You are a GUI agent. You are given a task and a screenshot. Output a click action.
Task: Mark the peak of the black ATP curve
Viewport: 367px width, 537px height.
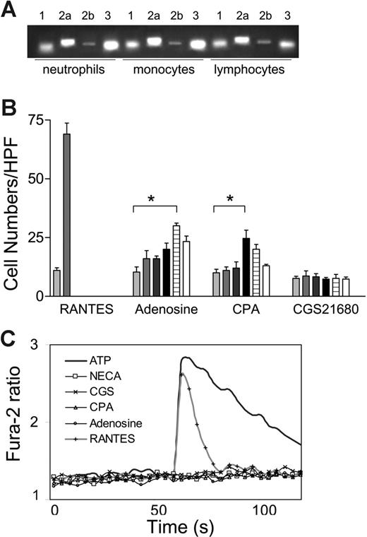186,358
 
